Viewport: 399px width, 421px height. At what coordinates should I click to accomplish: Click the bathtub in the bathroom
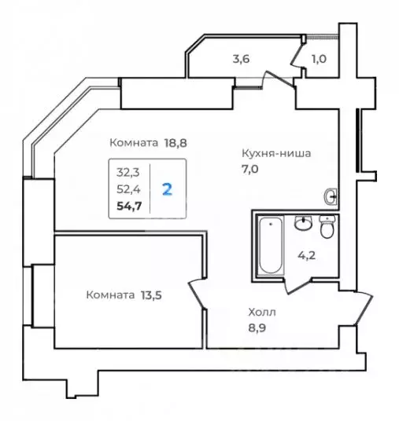(270, 245)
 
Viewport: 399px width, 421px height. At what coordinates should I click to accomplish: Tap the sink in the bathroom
(302, 225)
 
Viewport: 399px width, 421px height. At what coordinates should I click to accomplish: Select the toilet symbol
(328, 228)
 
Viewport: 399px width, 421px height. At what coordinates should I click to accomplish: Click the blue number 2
(167, 189)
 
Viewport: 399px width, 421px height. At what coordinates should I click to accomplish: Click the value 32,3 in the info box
(125, 170)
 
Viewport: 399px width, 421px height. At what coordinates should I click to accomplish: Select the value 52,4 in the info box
(126, 189)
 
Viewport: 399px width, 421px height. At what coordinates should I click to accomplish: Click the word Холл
(262, 312)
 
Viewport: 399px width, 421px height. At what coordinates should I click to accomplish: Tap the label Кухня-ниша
(275, 154)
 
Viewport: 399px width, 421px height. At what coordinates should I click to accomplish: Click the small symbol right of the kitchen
(331, 196)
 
